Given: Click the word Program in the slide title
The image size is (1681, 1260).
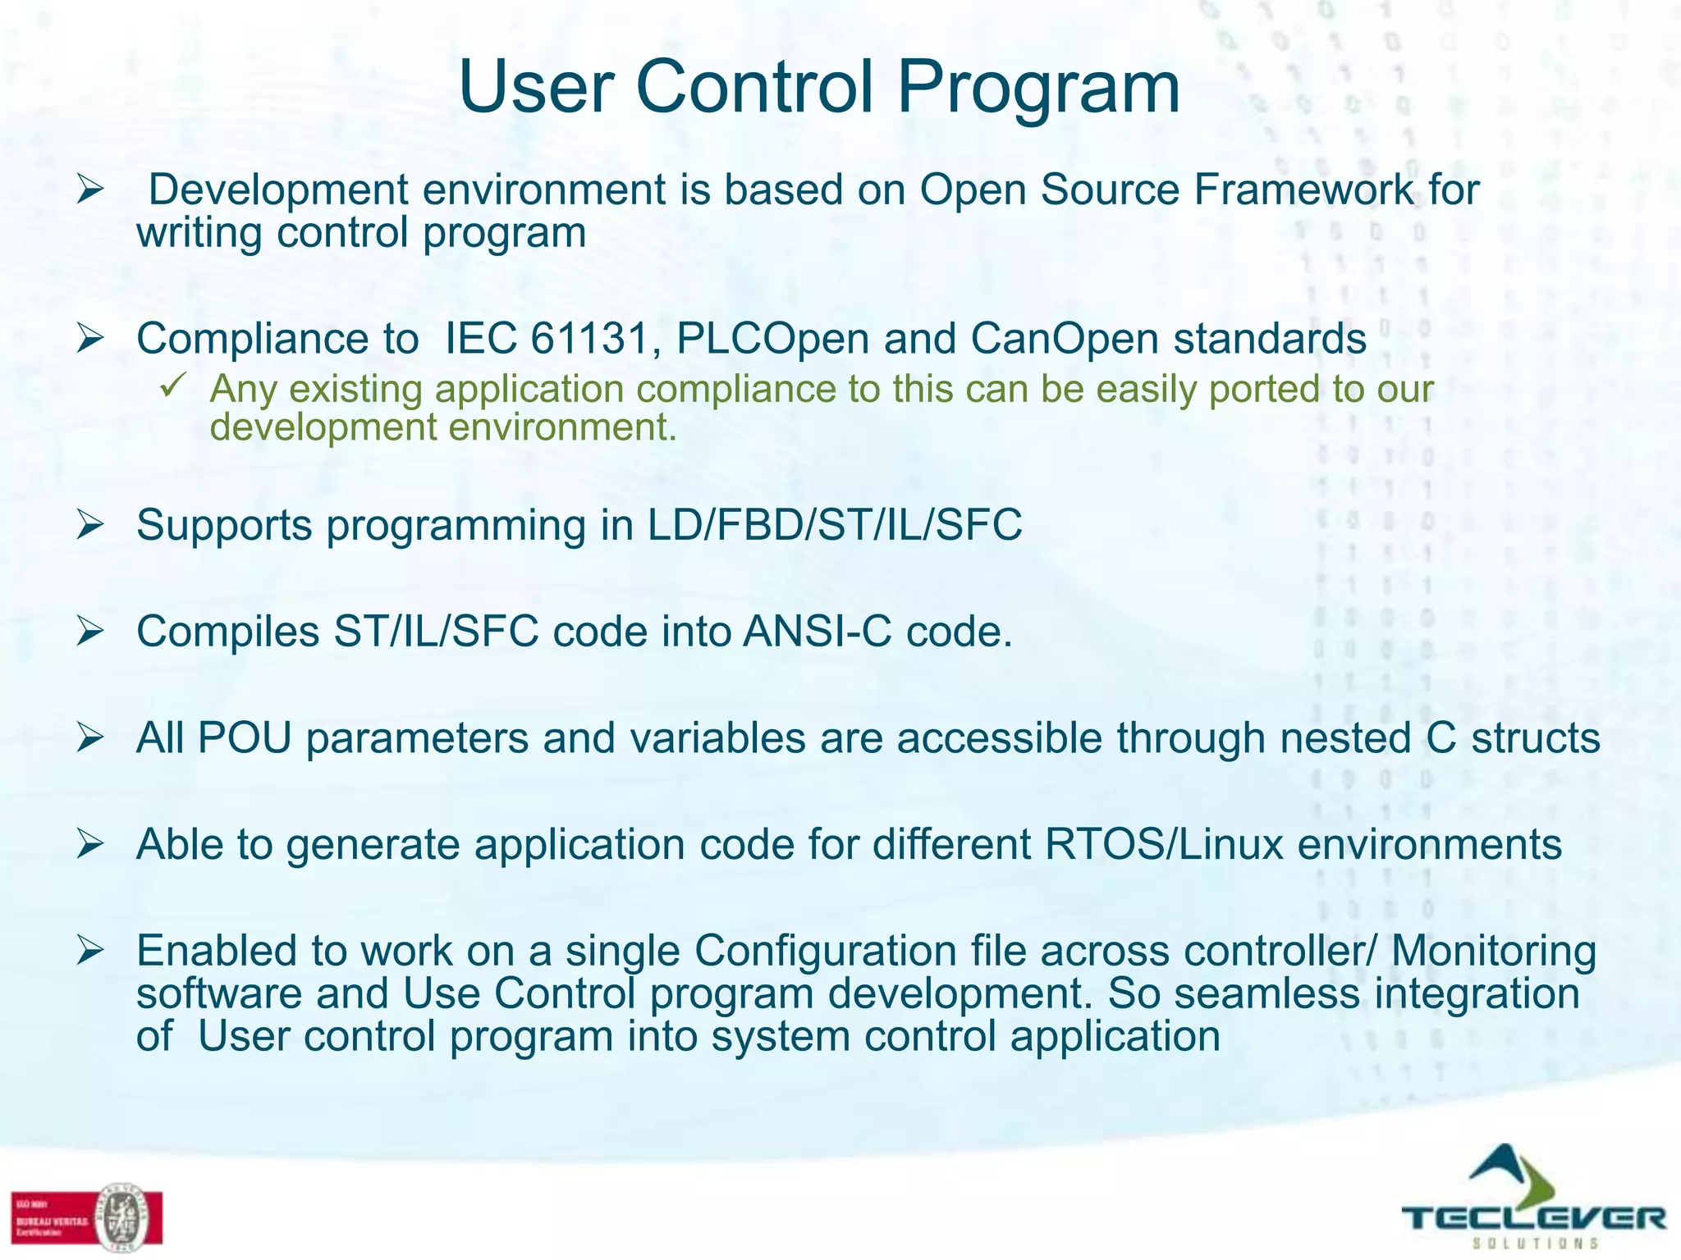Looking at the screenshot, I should (x=1037, y=89).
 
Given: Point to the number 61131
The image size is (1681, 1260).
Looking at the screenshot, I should (x=590, y=339).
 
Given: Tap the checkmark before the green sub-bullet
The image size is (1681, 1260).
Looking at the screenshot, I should (x=175, y=385).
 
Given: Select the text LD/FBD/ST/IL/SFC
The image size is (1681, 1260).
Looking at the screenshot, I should (x=834, y=525).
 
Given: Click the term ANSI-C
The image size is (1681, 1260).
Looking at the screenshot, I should (x=817, y=632).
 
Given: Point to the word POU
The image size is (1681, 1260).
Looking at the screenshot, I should (x=245, y=737).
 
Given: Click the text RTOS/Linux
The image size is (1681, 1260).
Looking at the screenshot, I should (x=1163, y=844).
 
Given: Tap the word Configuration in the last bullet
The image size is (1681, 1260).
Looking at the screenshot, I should (x=825, y=952).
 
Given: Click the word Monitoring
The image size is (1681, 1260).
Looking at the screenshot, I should (x=1494, y=952).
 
